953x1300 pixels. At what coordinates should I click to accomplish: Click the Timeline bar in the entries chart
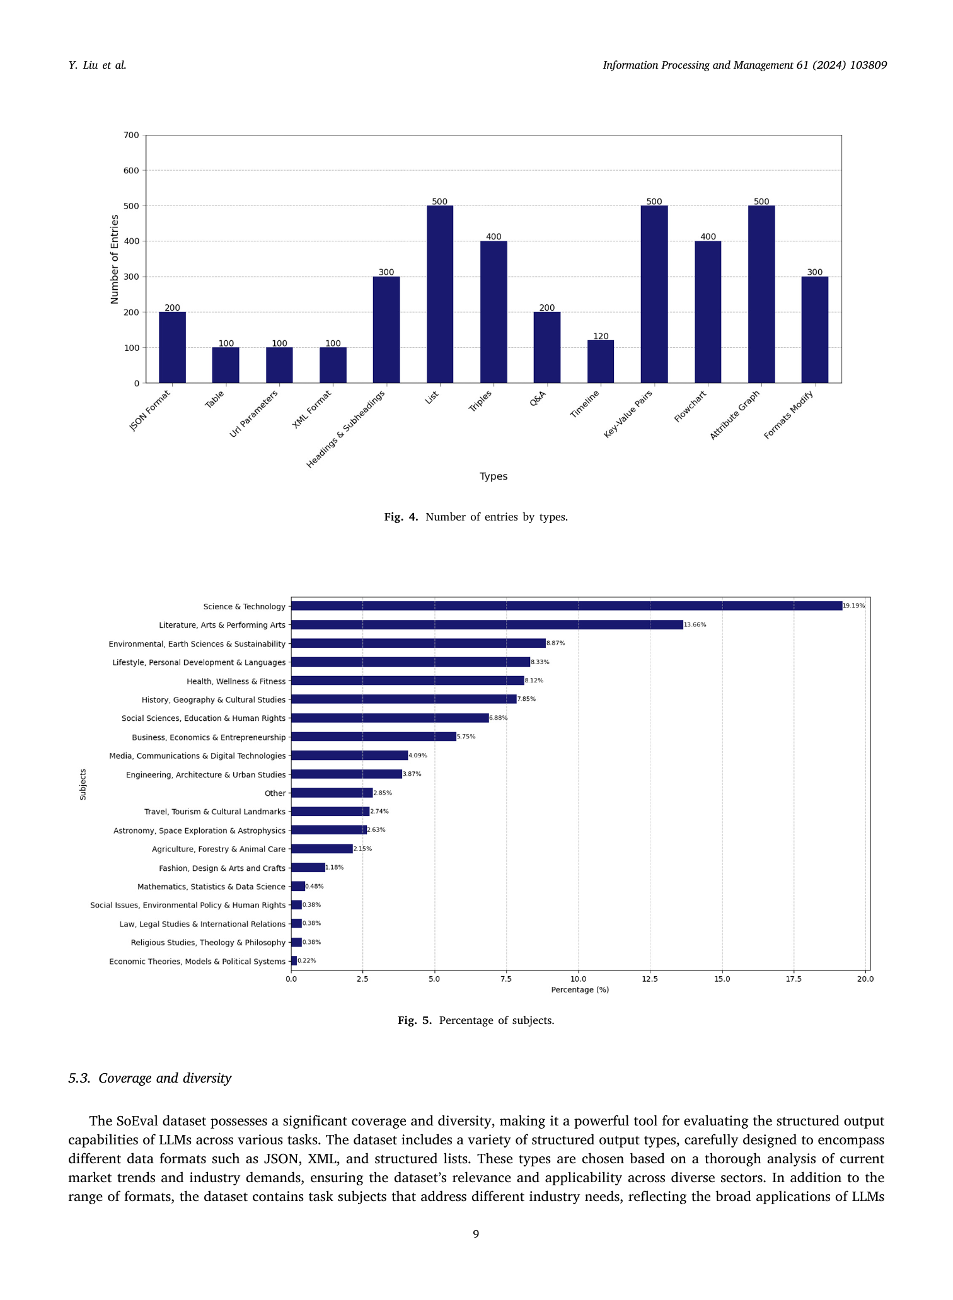click(601, 362)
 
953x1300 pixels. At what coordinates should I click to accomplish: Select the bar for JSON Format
click(172, 347)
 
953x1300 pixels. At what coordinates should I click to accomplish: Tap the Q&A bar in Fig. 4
click(547, 347)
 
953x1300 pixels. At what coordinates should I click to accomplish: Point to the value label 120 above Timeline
click(601, 337)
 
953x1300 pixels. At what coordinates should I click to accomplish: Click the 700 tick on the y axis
click(131, 135)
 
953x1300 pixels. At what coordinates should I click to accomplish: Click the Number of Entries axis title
click(115, 259)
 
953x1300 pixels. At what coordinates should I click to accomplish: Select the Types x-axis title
click(494, 476)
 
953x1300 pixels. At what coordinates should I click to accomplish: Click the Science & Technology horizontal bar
click(567, 606)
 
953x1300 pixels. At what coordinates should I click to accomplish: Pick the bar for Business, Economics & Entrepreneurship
click(374, 737)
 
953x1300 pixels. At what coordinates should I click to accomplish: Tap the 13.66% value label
click(695, 625)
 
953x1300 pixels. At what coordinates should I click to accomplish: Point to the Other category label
click(275, 793)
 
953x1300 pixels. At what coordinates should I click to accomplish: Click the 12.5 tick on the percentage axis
click(650, 979)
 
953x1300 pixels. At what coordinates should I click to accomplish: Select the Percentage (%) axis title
click(580, 990)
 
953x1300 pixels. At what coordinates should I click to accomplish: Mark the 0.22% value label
click(307, 961)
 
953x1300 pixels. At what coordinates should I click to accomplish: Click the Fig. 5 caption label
click(415, 1020)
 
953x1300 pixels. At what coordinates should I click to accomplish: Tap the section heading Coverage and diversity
click(165, 1078)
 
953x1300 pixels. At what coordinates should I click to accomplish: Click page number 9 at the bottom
click(476, 1234)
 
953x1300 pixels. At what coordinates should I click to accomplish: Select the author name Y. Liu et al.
click(97, 65)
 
